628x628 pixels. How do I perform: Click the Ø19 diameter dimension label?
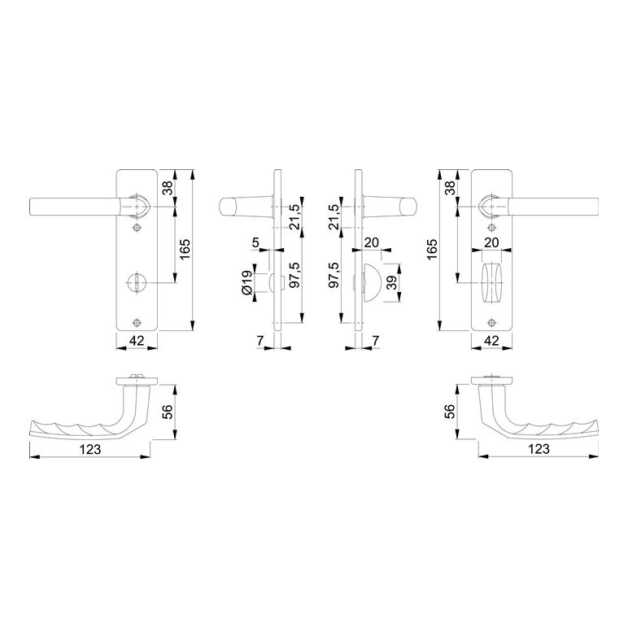(x=248, y=283)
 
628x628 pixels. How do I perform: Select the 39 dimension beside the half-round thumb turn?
(x=392, y=282)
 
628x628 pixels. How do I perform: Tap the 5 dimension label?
(x=256, y=242)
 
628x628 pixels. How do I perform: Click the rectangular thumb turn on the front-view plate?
(x=492, y=283)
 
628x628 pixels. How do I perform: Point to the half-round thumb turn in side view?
(x=370, y=283)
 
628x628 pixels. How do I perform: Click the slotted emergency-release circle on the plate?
(x=137, y=283)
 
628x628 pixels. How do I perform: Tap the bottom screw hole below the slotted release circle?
(x=137, y=322)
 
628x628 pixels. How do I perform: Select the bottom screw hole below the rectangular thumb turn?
(x=492, y=322)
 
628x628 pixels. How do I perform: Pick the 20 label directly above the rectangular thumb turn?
(x=492, y=242)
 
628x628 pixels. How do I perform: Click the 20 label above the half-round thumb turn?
(x=372, y=242)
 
